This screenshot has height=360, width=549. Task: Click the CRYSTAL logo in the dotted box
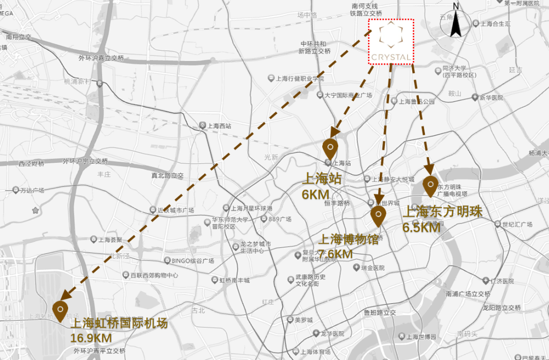coord(391,42)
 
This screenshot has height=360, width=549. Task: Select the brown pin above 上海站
coord(330,147)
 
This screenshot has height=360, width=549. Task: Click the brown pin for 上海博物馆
coord(378,216)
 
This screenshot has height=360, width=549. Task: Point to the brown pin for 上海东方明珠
coord(430,186)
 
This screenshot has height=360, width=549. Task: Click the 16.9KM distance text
coord(91,338)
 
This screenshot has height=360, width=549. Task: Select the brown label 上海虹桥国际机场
coord(118,324)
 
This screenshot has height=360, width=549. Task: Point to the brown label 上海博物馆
coord(348,239)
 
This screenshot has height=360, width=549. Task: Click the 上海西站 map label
coord(219,125)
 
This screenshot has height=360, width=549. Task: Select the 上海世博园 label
coord(421,337)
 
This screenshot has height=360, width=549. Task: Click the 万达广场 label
coord(32,190)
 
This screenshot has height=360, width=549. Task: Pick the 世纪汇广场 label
coord(516,224)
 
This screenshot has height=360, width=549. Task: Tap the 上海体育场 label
coord(315,352)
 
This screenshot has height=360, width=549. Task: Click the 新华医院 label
coord(491,97)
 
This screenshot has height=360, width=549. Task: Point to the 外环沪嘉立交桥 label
coord(101,58)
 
